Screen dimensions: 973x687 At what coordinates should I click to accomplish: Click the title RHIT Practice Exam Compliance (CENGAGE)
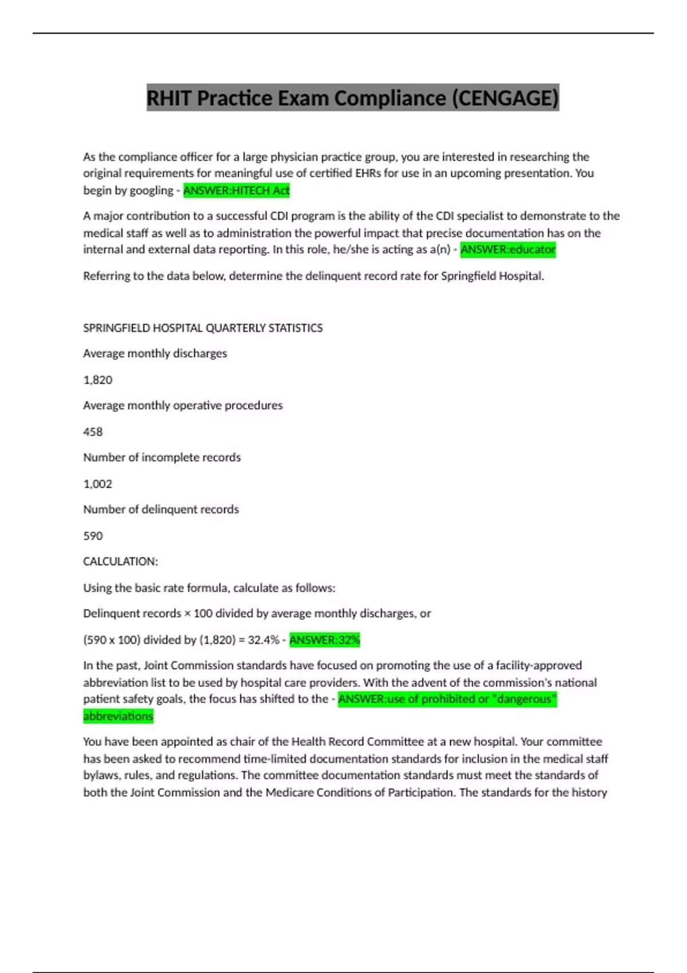click(x=352, y=98)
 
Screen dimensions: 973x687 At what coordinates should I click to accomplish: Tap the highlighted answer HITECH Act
click(x=236, y=190)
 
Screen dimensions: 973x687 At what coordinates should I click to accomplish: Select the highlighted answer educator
click(x=508, y=250)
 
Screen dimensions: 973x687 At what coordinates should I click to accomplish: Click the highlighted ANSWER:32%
click(x=325, y=639)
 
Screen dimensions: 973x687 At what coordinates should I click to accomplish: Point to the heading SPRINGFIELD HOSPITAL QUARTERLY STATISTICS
click(x=203, y=328)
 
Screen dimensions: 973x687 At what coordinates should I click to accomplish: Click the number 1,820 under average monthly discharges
click(x=98, y=379)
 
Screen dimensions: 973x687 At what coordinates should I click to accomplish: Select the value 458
click(x=93, y=432)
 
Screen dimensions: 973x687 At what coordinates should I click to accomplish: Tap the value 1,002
click(x=98, y=484)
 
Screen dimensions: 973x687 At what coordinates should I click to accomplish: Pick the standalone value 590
click(x=93, y=536)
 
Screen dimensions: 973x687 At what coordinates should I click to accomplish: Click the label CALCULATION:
click(x=120, y=561)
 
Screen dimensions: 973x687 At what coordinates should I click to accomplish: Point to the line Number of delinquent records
click(x=161, y=509)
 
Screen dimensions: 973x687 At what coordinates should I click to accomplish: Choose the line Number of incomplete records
click(x=162, y=457)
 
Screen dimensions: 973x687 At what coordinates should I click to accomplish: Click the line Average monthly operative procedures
click(x=183, y=405)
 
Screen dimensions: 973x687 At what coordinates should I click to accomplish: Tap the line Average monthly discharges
click(x=155, y=353)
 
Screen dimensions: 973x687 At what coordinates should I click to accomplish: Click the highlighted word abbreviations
click(x=118, y=716)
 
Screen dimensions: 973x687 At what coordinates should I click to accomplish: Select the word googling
click(x=152, y=191)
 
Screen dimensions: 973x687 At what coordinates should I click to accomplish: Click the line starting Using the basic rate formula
click(x=209, y=588)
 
